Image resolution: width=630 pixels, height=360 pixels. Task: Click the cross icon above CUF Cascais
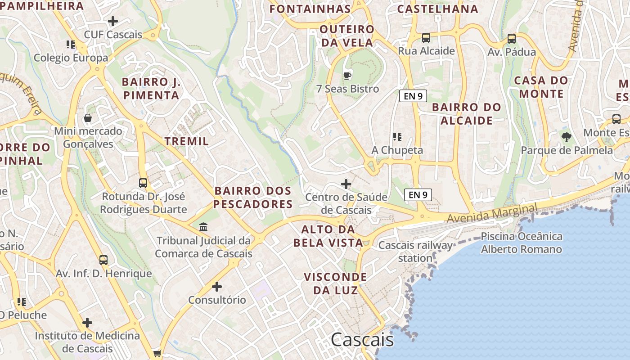pyautogui.click(x=113, y=21)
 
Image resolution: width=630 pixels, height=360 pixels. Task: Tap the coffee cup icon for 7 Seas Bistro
pyautogui.click(x=347, y=75)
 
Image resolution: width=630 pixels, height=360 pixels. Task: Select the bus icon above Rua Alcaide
pyautogui.click(x=426, y=38)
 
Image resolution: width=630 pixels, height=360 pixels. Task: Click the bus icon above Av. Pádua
pyautogui.click(x=512, y=39)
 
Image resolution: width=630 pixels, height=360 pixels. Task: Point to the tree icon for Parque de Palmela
pyautogui.click(x=567, y=137)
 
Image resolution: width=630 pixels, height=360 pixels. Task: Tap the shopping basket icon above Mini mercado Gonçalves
pyautogui.click(x=88, y=118)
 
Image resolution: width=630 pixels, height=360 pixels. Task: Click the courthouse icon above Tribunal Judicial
pyautogui.click(x=203, y=227)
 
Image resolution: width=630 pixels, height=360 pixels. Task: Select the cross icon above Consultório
pyautogui.click(x=217, y=286)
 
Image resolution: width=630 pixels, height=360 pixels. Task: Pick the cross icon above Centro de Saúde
pyautogui.click(x=346, y=184)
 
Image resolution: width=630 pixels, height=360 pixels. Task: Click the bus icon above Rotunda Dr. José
pyautogui.click(x=143, y=183)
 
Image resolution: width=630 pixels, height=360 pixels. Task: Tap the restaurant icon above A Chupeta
pyautogui.click(x=397, y=136)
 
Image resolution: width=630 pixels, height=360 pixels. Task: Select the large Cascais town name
pyautogui.click(x=362, y=340)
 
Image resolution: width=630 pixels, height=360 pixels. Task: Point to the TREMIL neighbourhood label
pyautogui.click(x=187, y=141)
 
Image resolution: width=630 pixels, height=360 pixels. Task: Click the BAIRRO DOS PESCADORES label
pyautogui.click(x=253, y=198)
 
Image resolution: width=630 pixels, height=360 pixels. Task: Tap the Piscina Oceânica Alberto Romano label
pyautogui.click(x=522, y=243)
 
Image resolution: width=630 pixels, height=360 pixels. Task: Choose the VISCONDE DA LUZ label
pyautogui.click(x=335, y=283)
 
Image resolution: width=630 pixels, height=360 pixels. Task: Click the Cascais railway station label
pyautogui.click(x=415, y=252)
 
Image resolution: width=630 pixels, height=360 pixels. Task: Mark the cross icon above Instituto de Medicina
pyautogui.click(x=87, y=322)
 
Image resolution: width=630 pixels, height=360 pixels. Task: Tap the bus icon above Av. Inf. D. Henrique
pyautogui.click(x=103, y=260)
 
